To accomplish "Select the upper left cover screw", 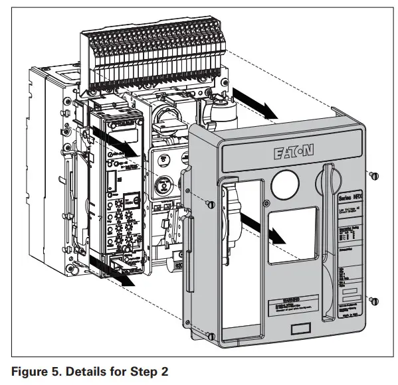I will point(209,203).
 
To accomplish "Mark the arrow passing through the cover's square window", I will point(266,229).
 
